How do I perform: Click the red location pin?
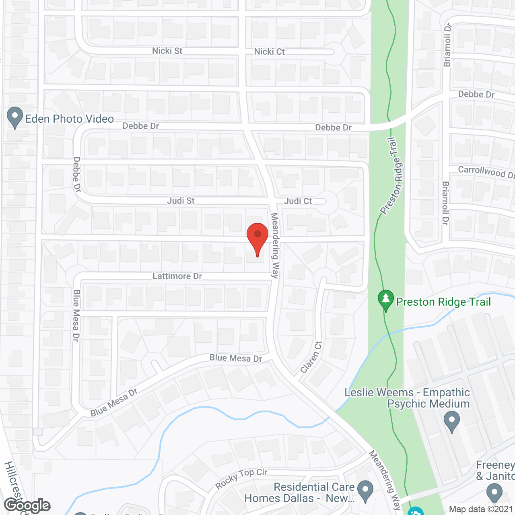pos(257,235)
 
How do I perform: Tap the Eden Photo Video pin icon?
pos(15,117)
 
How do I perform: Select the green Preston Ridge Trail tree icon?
pos(386,300)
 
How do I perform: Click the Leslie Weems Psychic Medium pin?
pos(451,421)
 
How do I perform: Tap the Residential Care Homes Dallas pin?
pos(365,491)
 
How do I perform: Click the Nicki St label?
pos(167,51)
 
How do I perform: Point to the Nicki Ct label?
pos(269,52)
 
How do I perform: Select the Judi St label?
pos(181,201)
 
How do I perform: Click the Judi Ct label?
pos(298,201)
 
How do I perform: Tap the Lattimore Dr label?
pos(177,276)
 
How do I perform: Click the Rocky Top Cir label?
pos(241,478)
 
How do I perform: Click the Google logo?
pos(27,505)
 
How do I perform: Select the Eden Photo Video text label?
pos(69,119)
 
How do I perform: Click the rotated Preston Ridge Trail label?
pos(391,176)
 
